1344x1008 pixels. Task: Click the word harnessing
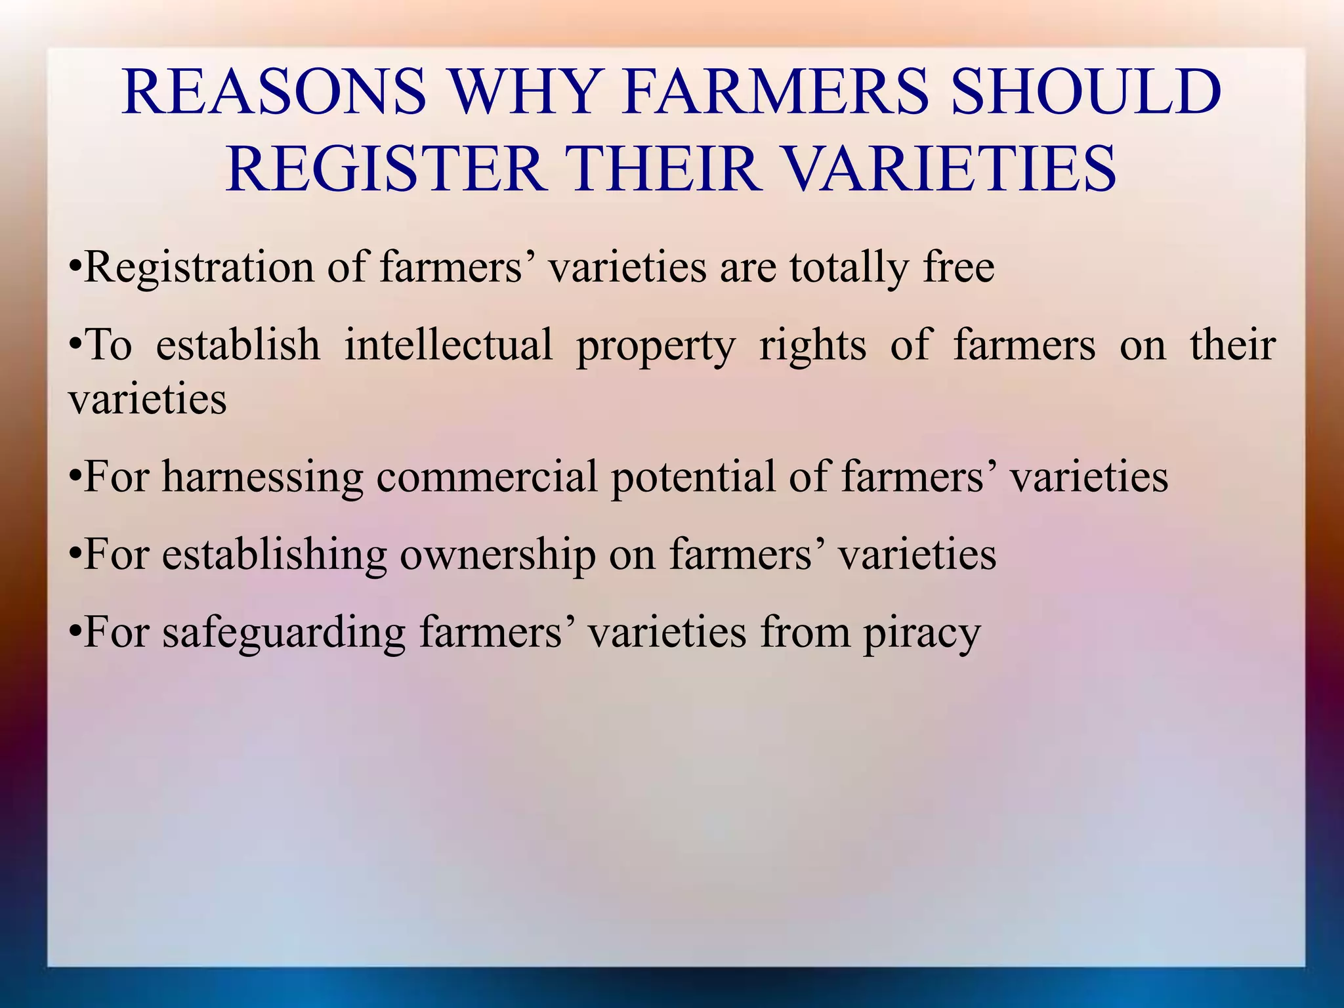tap(262, 477)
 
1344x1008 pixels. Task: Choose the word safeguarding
tap(284, 633)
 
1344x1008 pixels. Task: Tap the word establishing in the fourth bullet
tap(274, 555)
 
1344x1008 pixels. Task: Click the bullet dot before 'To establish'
tap(75, 345)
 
